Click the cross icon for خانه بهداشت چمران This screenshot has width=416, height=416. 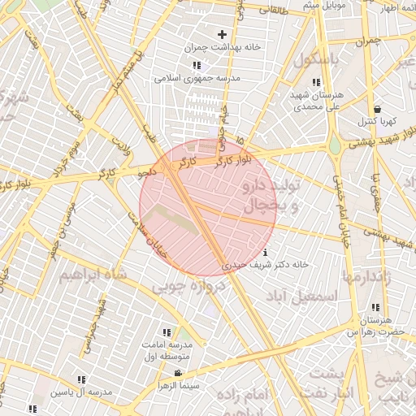[222, 34]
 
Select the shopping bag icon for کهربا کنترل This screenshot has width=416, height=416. [377, 109]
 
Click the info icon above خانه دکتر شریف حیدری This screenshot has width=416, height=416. [266, 251]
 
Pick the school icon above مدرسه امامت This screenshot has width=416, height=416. [167, 332]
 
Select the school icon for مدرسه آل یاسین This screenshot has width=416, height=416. [80, 379]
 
